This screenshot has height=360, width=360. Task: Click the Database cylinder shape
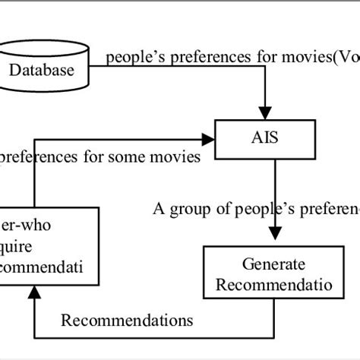click(x=46, y=70)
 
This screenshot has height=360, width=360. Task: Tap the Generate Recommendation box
click(x=273, y=275)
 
